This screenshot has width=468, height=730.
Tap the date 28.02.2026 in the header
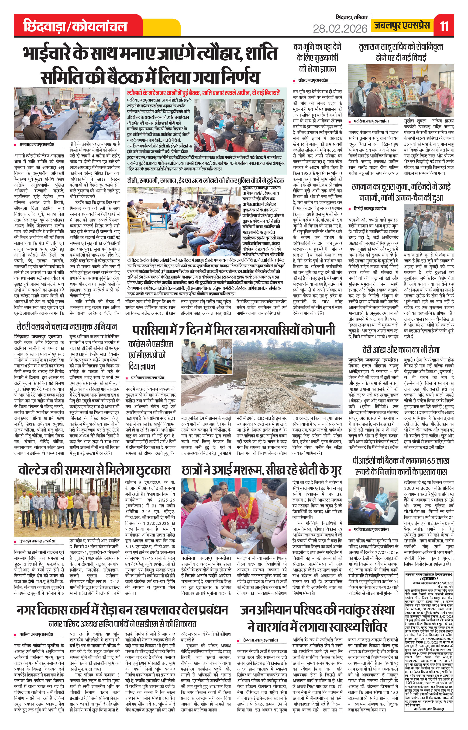pos(340,29)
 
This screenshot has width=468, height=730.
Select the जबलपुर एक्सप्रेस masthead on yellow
pos(402,26)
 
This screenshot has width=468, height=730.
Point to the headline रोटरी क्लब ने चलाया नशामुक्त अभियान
pos(67,326)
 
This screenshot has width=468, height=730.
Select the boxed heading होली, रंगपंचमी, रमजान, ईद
pos(206,180)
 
